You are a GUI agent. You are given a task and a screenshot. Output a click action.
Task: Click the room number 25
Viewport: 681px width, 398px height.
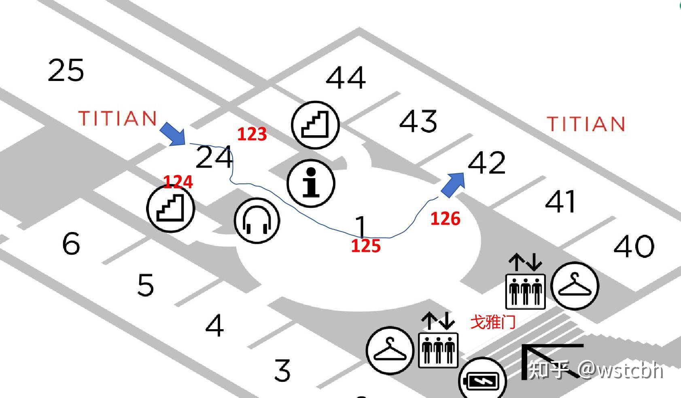click(66, 70)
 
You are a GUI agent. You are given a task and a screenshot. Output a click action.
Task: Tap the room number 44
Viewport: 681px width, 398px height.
click(346, 77)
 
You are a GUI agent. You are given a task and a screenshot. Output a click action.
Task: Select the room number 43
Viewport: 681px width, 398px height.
click(418, 121)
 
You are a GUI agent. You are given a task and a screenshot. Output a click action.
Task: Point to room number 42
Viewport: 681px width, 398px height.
click(487, 162)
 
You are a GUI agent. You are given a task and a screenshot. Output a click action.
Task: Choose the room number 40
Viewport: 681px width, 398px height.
click(634, 246)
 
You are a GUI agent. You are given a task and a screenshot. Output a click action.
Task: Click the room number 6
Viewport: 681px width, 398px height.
click(72, 243)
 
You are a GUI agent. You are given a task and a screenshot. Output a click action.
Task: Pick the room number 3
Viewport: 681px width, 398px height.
click(282, 370)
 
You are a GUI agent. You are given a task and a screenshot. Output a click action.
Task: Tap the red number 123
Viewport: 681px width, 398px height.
click(252, 134)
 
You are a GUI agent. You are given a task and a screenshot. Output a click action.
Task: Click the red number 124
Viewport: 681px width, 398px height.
click(178, 182)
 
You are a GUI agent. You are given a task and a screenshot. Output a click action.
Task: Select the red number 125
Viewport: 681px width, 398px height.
click(366, 246)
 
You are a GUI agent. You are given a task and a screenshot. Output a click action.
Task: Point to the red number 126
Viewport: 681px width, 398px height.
click(446, 219)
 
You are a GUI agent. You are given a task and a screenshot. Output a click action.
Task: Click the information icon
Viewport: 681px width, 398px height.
click(311, 183)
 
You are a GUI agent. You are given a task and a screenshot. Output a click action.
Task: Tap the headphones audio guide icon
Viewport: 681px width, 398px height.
click(257, 221)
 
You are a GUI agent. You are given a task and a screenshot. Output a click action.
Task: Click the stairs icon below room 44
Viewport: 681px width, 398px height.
click(315, 125)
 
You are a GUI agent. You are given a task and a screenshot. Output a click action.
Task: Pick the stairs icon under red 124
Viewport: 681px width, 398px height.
click(171, 209)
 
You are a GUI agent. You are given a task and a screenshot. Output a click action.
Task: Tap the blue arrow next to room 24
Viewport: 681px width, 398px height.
click(173, 134)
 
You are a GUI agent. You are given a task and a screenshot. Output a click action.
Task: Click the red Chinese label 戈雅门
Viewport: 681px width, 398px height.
click(493, 322)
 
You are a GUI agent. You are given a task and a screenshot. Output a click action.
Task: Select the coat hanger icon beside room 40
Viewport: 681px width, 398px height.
click(575, 286)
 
